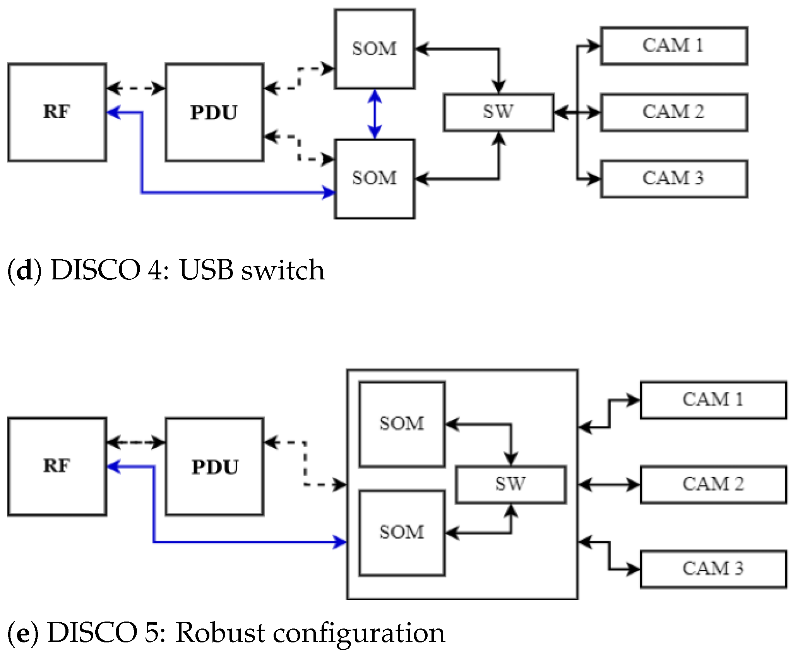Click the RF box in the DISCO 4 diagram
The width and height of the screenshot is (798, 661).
tap(57, 112)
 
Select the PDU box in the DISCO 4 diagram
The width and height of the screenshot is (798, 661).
tap(214, 112)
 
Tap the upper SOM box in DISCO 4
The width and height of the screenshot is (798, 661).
tap(374, 49)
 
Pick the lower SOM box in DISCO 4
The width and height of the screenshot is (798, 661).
tap(374, 179)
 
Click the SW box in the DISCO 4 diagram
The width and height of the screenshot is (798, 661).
tap(498, 112)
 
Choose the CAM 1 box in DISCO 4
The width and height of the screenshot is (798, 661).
tap(674, 46)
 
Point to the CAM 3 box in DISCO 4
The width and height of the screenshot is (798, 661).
tap(674, 179)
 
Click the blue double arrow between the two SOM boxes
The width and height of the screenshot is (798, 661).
tap(375, 114)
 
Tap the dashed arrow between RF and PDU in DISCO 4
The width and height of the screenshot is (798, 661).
tap(135, 88)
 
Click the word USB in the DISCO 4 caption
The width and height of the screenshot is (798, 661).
tap(206, 270)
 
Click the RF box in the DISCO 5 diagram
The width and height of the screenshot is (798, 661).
tap(57, 466)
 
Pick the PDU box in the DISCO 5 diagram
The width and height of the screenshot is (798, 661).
tap(214, 466)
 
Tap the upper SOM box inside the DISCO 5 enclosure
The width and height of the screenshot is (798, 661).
tap(402, 424)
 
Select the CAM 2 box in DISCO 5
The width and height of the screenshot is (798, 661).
tap(713, 485)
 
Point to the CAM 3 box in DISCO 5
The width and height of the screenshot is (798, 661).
tap(713, 569)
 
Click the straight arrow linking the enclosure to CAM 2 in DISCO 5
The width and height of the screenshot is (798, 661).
tap(609, 485)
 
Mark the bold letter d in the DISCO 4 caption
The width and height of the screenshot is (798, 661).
tap(24, 270)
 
